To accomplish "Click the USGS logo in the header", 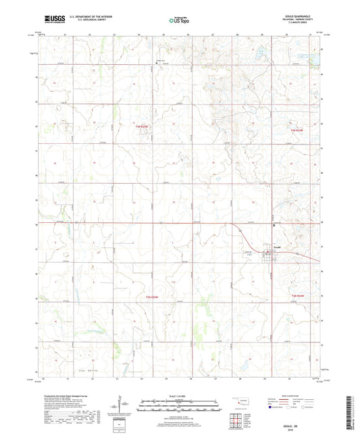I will [x=51, y=20].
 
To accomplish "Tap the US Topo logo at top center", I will [x=179, y=21].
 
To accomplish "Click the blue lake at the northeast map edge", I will [x=313, y=60].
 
